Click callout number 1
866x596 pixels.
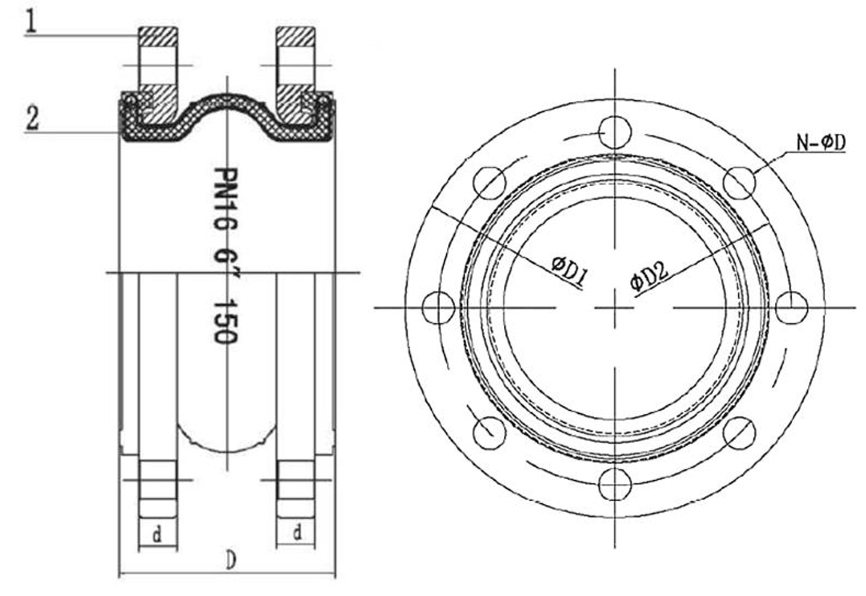tap(31, 21)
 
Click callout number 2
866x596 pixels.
tap(32, 118)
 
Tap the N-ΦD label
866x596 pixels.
tap(821, 143)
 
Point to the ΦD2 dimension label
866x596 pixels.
tap(649, 276)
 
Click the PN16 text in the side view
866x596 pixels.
tap(225, 198)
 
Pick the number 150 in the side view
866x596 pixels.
tap(225, 322)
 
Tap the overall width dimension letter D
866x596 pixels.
tap(231, 561)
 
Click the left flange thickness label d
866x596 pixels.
tap(157, 535)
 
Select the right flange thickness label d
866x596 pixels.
tap(297, 534)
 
